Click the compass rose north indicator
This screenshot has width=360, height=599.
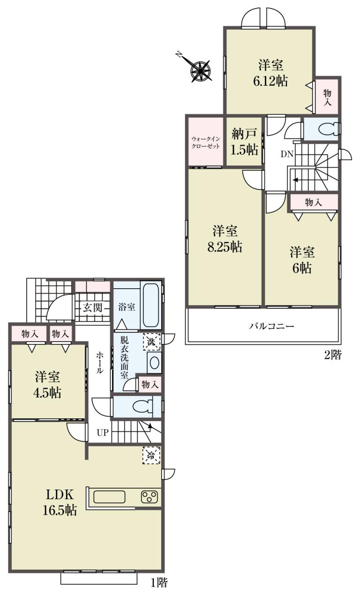200,68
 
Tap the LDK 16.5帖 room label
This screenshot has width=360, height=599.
60,503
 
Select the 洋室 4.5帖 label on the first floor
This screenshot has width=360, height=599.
47,385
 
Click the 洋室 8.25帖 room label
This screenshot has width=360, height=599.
225,239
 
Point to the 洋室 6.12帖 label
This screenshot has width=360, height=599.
270,73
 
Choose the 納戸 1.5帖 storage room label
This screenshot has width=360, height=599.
245,141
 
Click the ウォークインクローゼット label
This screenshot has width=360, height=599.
206,143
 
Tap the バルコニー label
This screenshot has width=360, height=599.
271,326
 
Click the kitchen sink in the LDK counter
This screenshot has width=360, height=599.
109,497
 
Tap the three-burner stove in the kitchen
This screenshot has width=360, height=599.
149,497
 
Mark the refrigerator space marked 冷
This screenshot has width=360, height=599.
151,455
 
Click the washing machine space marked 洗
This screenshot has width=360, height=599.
151,342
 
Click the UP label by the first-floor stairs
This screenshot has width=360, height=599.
103,433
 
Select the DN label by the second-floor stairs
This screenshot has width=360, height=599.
287,154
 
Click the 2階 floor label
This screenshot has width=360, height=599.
333,355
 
